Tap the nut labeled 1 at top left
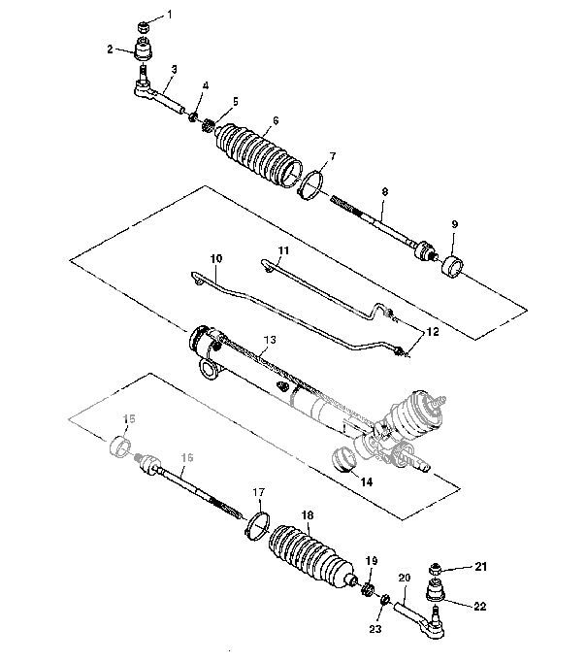point(144,23)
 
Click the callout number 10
point(215,259)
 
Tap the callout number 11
point(282,250)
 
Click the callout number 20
point(405,579)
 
